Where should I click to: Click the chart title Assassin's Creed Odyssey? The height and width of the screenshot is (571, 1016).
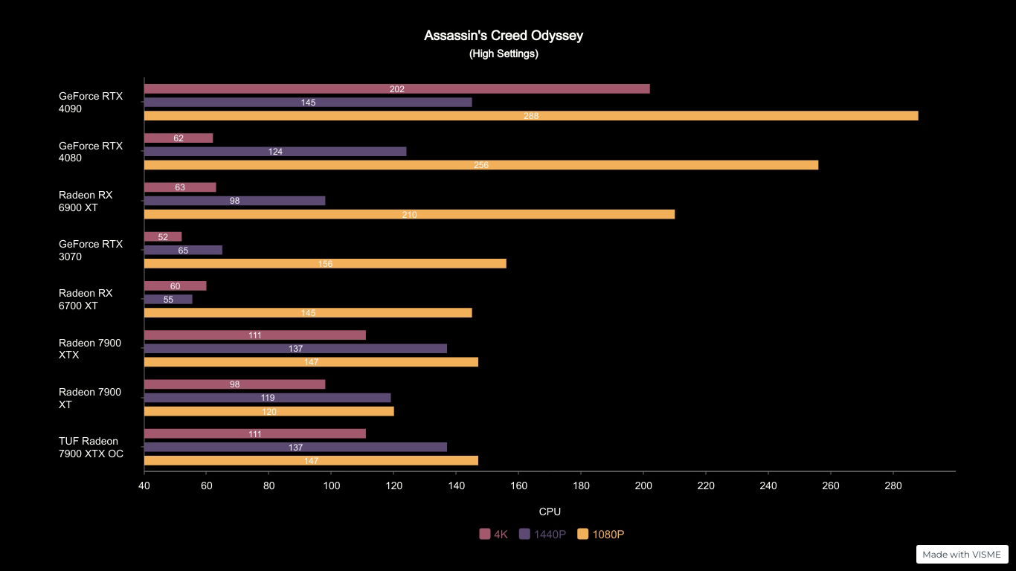pos(504,36)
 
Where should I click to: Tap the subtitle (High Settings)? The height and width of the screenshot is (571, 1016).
pos(504,54)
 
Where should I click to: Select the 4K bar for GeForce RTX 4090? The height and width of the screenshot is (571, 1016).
pos(396,89)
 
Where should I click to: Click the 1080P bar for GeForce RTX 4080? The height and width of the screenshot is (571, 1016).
pos(480,165)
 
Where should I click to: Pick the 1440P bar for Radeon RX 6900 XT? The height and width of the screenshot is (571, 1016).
pos(234,201)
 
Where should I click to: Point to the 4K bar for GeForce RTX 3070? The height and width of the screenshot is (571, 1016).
pos(163,237)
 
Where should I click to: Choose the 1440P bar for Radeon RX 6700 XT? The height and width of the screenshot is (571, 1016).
pos(168,300)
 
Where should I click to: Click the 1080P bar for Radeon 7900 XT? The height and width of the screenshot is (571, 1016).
pos(269,411)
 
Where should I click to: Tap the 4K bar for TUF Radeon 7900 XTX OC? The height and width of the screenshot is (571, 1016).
pos(254,434)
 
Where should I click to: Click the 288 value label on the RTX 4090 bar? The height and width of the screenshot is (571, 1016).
pos(531,116)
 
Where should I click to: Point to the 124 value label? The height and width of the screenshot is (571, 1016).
pos(275,152)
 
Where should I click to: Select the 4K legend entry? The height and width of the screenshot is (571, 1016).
pos(494,535)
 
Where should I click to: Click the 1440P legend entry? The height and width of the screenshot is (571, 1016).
pos(543,535)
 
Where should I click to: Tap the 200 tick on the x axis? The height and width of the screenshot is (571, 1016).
pos(643,486)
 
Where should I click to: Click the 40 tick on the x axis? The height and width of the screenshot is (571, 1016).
pos(144,486)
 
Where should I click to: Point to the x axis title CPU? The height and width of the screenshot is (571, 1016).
pos(550,512)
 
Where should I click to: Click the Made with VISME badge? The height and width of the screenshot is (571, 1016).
pos(962,555)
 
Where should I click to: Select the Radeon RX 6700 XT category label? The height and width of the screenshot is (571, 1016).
pos(86,300)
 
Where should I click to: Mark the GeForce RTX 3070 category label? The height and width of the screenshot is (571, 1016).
pos(91,251)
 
